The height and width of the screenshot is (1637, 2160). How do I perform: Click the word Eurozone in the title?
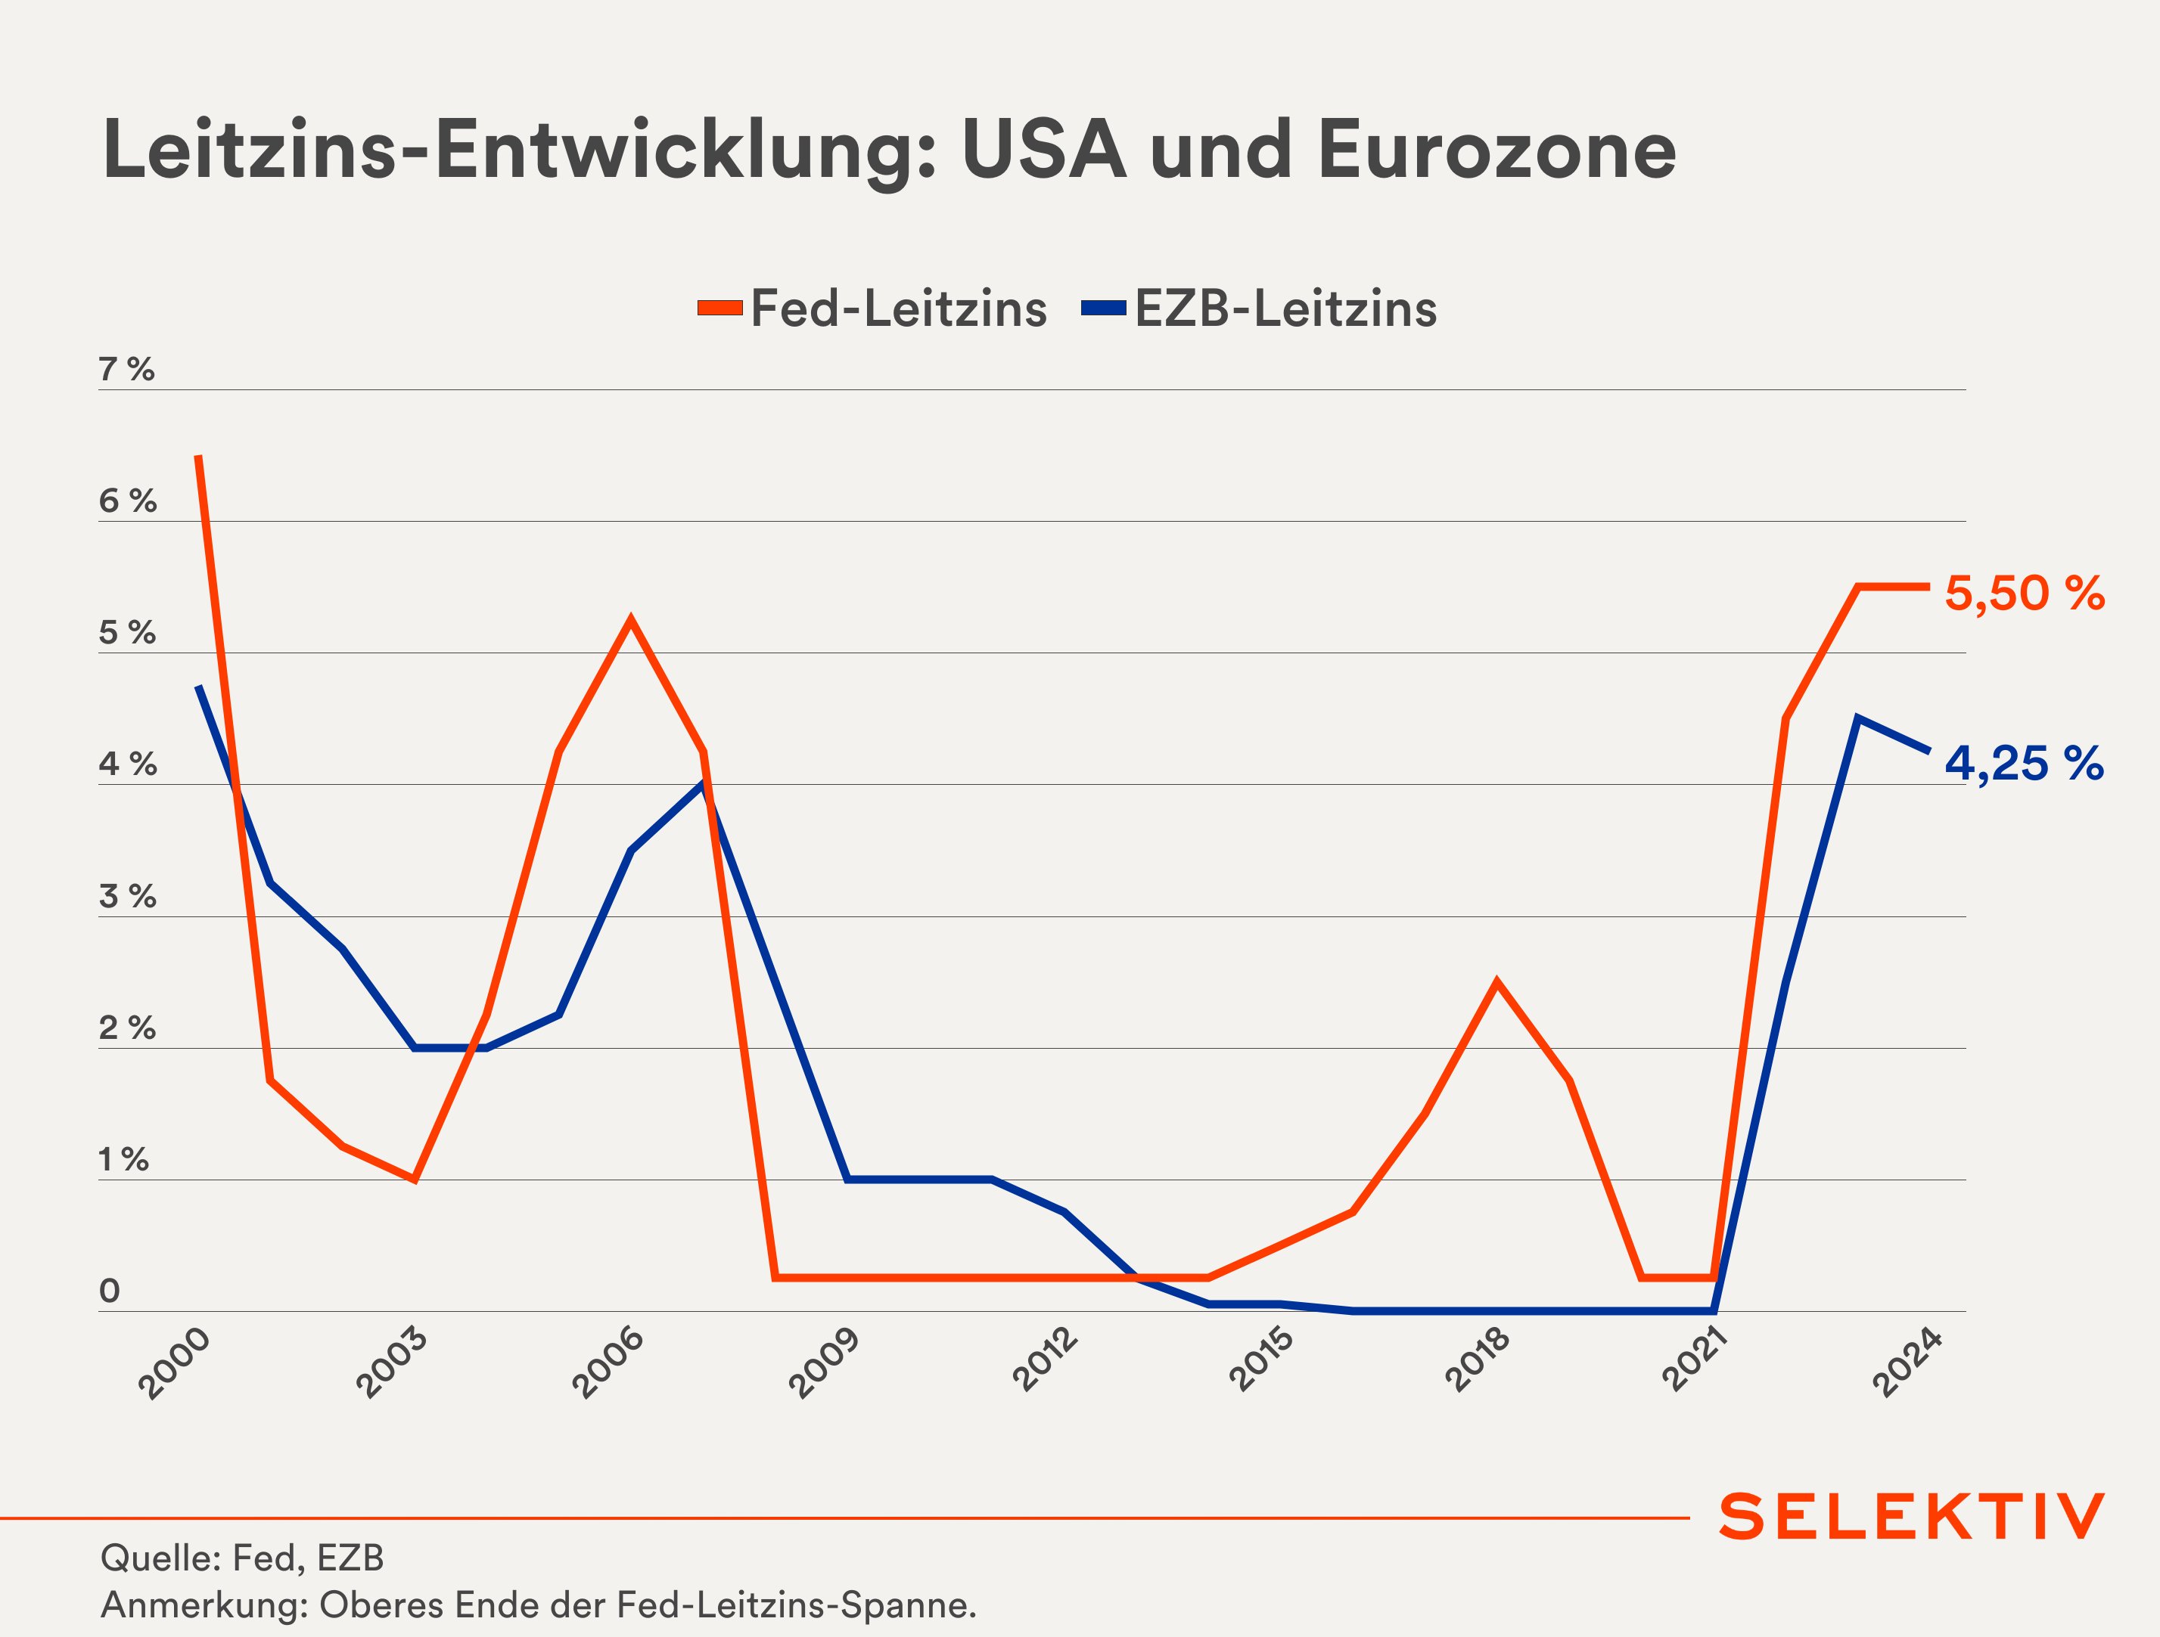(1496, 151)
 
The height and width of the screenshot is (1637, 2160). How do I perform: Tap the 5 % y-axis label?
(127, 633)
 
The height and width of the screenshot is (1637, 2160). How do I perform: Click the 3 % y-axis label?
(127, 896)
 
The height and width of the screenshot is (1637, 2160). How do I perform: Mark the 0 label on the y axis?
(110, 1291)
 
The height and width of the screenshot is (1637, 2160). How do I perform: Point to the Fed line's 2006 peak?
(631, 620)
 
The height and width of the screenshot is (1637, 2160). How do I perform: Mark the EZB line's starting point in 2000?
(198, 687)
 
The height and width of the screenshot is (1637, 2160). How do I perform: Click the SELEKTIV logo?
(1911, 1516)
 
